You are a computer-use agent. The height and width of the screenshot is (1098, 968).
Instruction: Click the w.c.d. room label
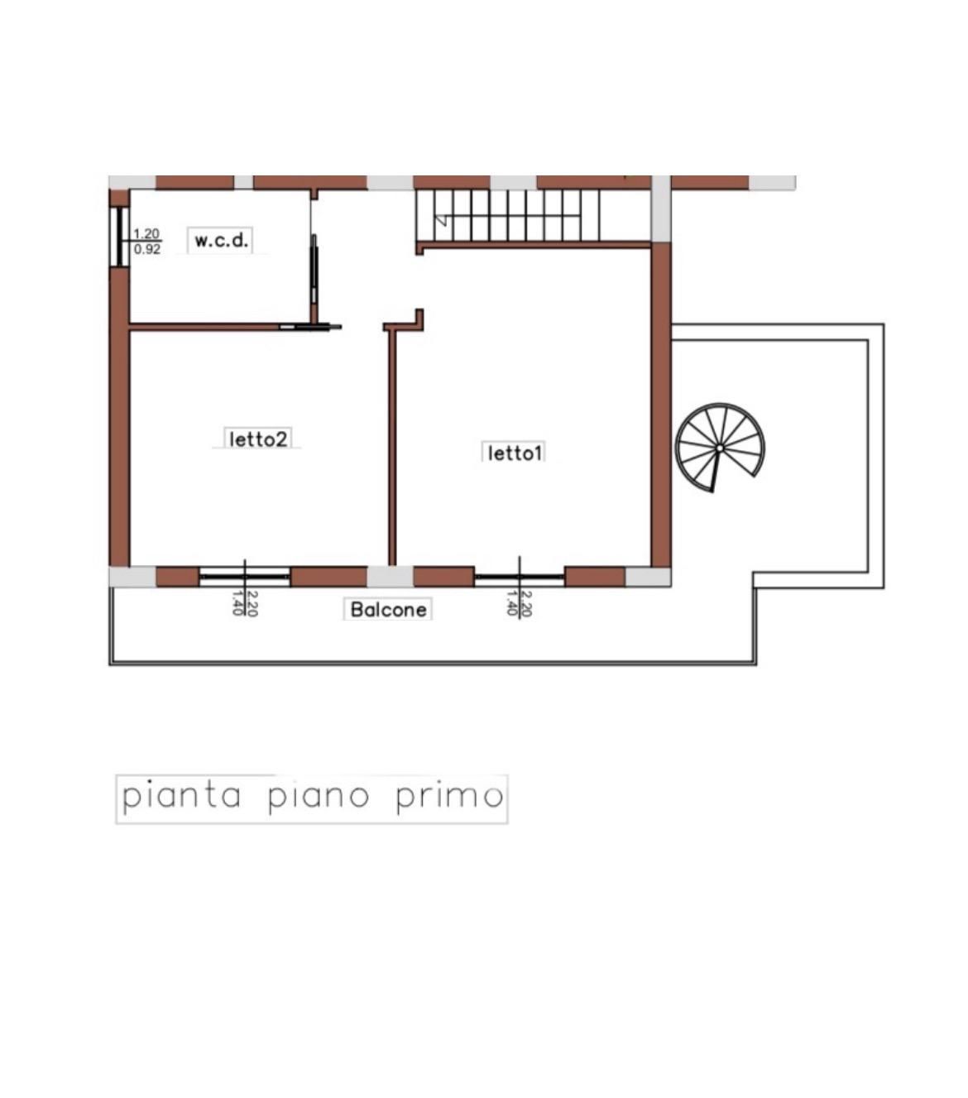pos(221,241)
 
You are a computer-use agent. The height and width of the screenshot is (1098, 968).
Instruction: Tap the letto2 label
pos(258,439)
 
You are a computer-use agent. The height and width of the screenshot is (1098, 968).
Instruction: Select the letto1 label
pos(514,453)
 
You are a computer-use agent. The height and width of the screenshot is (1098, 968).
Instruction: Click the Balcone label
pos(388,610)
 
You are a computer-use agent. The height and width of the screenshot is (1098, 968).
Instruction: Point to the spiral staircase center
pos(720,448)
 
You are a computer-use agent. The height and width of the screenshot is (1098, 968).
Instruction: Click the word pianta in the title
pos(182,796)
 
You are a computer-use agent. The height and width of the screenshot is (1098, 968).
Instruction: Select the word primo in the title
pos(449,796)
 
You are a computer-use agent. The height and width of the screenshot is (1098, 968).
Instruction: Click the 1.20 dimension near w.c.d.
pos(146,234)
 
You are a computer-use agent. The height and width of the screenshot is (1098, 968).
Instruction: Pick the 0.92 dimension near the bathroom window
pos(146,249)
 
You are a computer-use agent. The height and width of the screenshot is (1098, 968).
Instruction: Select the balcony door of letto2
pos(245,576)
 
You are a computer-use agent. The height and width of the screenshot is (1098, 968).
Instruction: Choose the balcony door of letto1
pos(520,576)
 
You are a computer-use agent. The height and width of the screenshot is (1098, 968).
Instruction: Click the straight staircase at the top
pos(509,215)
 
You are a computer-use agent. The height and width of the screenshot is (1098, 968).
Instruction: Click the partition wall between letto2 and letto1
pos(392,447)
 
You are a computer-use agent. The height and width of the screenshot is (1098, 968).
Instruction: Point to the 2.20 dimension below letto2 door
pos(252,604)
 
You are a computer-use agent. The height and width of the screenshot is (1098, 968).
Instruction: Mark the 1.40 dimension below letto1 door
pos(512,604)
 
